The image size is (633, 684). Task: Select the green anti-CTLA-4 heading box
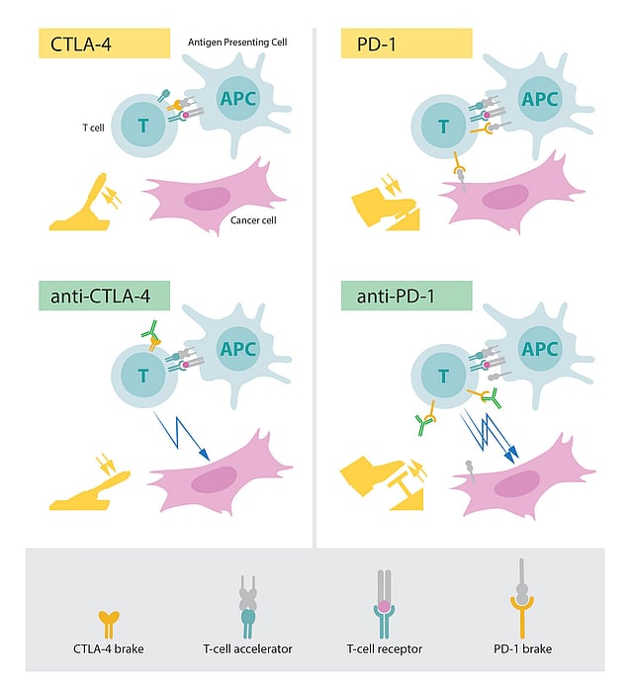pos(103,296)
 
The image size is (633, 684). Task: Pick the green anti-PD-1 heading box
pos(406,296)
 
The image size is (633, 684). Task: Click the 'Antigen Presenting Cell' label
pos(237,43)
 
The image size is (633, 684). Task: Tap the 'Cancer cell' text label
pos(252,219)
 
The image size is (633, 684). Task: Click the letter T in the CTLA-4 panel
pos(143,125)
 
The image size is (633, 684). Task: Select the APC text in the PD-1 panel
pos(540,99)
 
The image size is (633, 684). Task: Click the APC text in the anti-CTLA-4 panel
pos(237,349)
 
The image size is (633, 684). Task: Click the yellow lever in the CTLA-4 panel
pos(80,204)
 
